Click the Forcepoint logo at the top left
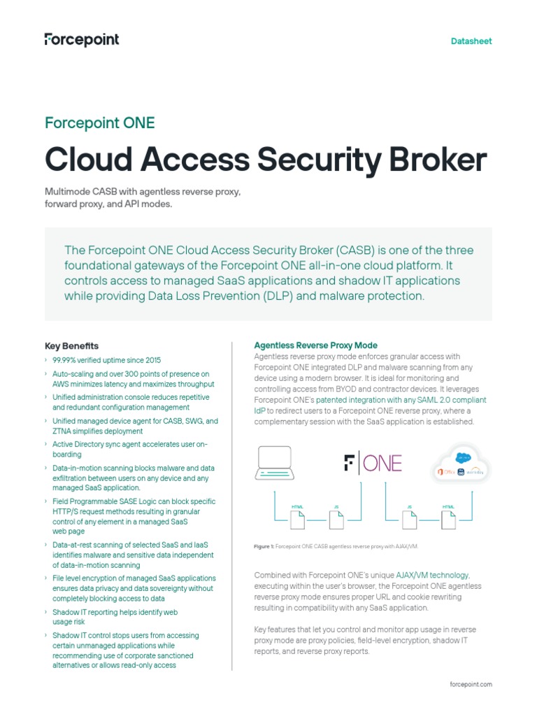[82, 39]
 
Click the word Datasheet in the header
[471, 41]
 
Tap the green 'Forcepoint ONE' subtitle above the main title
[100, 123]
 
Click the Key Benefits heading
[71, 346]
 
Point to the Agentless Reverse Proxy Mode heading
[315, 345]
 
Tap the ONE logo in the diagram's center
[373, 464]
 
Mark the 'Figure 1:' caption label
[264, 545]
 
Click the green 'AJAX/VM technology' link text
[433, 575]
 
